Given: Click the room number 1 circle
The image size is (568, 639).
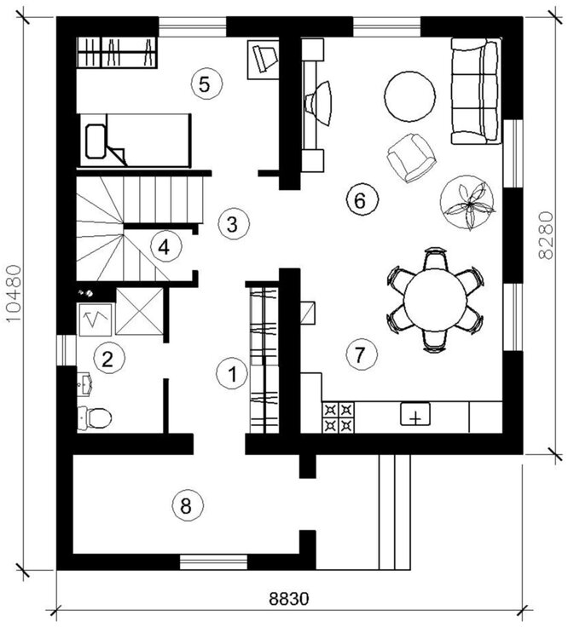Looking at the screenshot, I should pos(231,373).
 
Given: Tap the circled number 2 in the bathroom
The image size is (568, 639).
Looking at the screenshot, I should pos(107,357).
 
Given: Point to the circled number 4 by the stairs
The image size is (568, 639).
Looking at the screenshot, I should pos(165,247).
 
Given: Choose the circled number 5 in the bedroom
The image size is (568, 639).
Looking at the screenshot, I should pos(206,83).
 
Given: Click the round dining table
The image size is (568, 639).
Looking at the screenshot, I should pos(435,298).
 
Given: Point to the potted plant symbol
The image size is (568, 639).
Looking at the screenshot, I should pos(467,204).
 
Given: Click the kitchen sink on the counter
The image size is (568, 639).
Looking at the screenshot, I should pos(415,416).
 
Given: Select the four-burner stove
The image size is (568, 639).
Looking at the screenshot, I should pos(339,416).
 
